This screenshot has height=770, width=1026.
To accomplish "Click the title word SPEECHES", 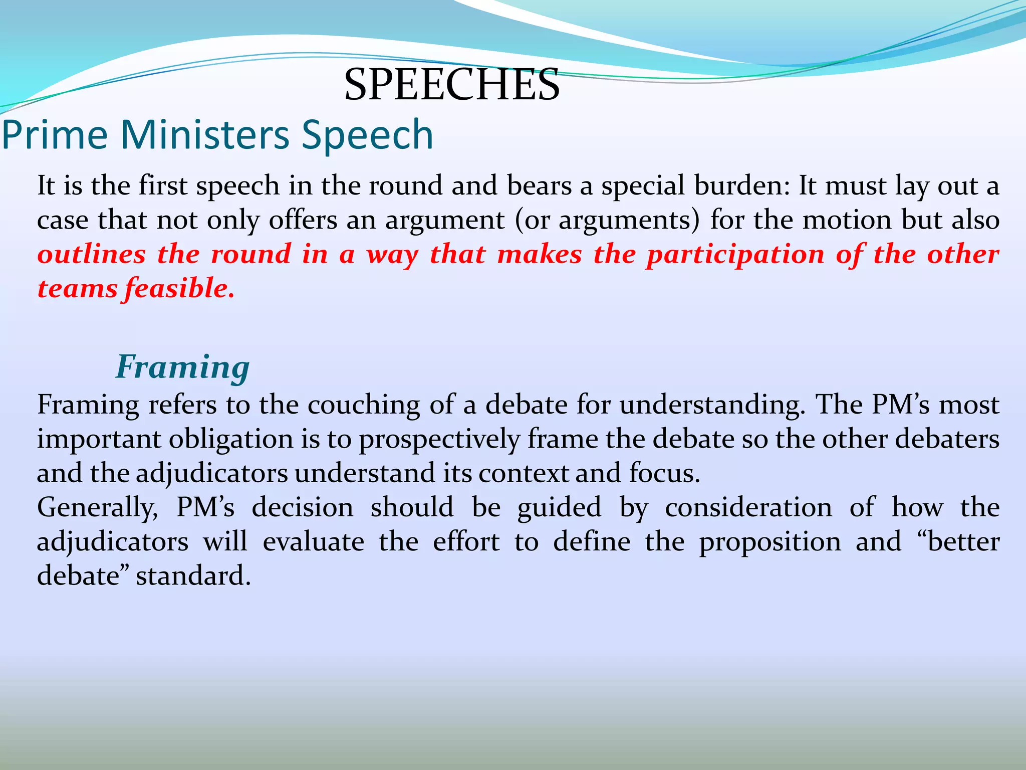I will click(451, 85).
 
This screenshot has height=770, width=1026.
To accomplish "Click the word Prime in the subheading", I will click(55, 135).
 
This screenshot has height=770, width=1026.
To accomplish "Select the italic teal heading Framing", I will click(182, 367).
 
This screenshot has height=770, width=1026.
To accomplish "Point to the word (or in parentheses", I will click(532, 221).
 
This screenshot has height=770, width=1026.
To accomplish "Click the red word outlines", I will click(91, 254).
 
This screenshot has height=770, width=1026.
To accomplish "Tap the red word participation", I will click(735, 255).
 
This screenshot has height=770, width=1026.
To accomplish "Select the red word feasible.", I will click(179, 289).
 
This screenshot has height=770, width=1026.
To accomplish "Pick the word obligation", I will click(230, 440).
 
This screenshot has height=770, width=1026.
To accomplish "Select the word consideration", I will click(748, 507).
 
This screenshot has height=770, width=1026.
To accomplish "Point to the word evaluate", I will click(314, 542).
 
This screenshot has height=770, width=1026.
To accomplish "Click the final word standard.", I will click(193, 576).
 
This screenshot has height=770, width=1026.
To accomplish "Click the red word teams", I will click(77, 289).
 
